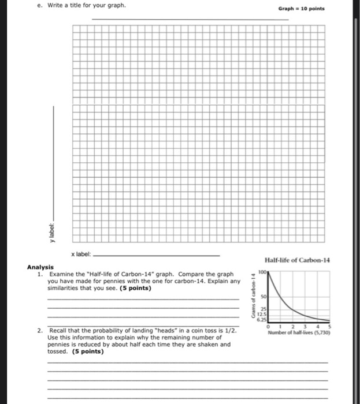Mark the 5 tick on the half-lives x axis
pos(330,326)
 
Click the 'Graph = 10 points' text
pos(301,9)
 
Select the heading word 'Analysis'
pos(40,267)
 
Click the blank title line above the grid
pos(191,20)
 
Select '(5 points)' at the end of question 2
pos(88,351)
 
